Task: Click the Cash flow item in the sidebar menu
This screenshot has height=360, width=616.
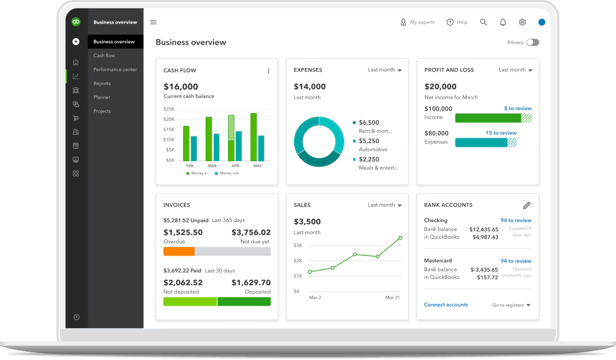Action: click(x=104, y=56)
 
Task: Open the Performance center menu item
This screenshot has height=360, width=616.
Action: click(x=115, y=69)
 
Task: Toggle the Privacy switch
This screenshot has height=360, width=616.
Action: click(x=533, y=42)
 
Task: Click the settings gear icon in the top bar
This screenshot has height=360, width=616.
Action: click(x=522, y=22)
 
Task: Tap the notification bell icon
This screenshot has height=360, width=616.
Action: click(x=503, y=22)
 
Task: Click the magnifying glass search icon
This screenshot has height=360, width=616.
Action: click(x=484, y=22)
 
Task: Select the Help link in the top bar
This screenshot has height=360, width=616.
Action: click(x=457, y=22)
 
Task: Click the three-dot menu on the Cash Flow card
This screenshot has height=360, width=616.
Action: click(x=268, y=71)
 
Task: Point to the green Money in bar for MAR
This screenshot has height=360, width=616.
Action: click(x=209, y=139)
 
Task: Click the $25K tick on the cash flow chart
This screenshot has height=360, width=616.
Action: click(x=169, y=109)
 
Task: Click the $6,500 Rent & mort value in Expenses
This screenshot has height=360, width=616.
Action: click(x=369, y=122)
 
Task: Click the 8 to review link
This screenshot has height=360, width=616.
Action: click(x=518, y=108)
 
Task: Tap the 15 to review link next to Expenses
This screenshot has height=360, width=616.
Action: click(x=501, y=133)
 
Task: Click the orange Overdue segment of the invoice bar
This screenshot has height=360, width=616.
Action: click(x=179, y=252)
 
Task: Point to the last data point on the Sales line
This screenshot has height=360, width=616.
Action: click(x=400, y=238)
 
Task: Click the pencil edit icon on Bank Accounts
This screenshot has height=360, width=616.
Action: click(x=527, y=205)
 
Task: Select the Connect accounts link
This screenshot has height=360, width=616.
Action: click(x=446, y=305)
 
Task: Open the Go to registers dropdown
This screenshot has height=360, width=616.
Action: click(x=511, y=305)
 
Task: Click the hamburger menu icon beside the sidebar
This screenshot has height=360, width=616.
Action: click(x=153, y=22)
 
